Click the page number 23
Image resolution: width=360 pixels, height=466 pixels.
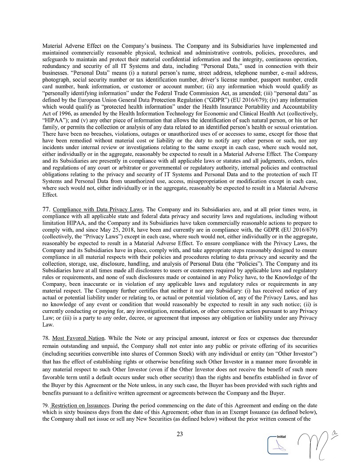point(180,434)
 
